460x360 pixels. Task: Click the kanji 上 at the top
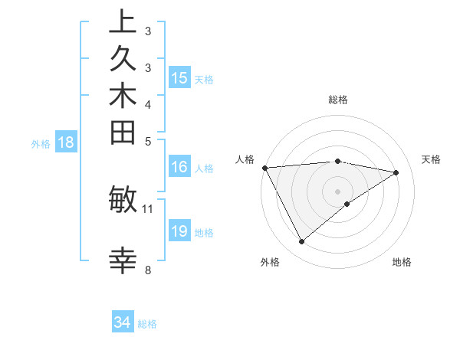(123, 22)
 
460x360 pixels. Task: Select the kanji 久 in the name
(123, 62)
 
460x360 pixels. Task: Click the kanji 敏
(123, 201)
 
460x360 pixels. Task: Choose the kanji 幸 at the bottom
(123, 261)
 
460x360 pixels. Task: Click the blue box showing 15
(179, 78)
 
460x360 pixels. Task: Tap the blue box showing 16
(179, 168)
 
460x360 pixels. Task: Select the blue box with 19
(179, 231)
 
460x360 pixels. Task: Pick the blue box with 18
(66, 142)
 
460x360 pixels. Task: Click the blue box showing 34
(123, 323)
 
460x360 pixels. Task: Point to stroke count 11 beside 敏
(148, 208)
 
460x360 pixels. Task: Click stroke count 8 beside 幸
(148, 269)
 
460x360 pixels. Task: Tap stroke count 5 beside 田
(148, 140)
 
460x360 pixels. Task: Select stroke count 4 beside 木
(148, 103)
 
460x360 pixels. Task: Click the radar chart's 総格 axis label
(338, 100)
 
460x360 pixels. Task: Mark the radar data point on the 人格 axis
(264, 167)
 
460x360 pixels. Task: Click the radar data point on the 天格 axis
(396, 172)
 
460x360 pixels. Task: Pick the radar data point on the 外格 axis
(301, 242)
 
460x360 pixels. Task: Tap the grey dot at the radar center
(338, 191)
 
